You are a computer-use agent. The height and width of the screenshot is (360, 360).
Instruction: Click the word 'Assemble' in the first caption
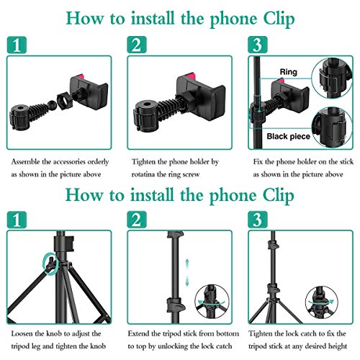28,163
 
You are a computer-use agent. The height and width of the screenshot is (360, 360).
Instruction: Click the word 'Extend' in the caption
143,335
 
